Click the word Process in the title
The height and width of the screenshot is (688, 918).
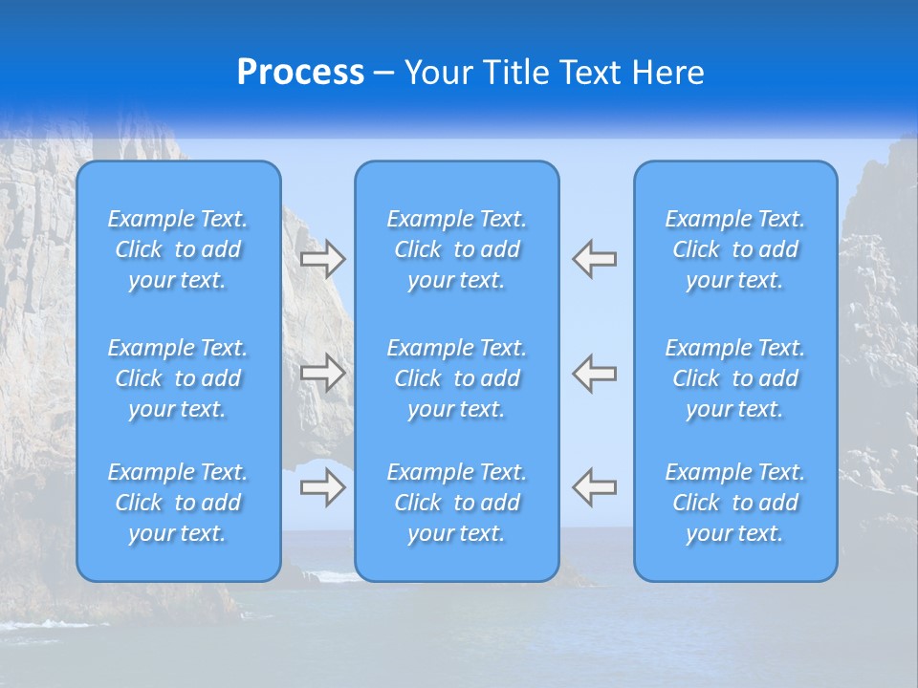pos(300,73)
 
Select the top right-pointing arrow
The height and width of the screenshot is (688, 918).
pos(323,258)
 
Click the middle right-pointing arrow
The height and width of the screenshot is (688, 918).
pos(323,372)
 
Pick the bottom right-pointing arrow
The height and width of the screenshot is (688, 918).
pos(323,486)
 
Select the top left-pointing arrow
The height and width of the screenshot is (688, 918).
pos(595,258)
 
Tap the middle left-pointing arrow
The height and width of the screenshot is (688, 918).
pos(595,372)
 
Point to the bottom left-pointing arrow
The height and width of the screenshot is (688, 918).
pos(595,486)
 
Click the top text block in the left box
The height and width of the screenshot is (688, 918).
pos(178,249)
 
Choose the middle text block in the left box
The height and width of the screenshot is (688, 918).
pos(178,378)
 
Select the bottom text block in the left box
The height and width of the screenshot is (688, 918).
pos(178,503)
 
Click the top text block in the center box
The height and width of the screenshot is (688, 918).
pos(457,249)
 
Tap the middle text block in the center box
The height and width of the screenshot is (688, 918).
pos(457,378)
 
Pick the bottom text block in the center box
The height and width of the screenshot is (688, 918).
pos(457,503)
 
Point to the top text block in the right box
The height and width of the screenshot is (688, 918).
pos(735,249)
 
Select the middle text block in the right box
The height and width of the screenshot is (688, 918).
pos(735,378)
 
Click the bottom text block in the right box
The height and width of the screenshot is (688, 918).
pos(735,503)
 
